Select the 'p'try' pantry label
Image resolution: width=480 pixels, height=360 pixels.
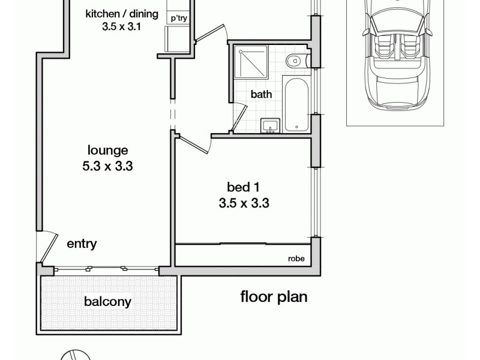(x=178, y=19)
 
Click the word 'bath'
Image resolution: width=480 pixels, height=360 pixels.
(x=261, y=94)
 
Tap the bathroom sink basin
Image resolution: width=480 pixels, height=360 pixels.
(x=269, y=125)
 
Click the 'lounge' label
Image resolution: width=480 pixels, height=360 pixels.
(x=108, y=151)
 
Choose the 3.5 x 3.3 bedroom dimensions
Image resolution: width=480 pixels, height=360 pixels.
(x=244, y=203)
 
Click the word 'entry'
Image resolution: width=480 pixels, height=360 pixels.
(x=82, y=244)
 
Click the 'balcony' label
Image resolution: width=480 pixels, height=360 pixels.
(x=108, y=302)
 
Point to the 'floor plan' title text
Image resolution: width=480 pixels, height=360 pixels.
(x=274, y=296)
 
